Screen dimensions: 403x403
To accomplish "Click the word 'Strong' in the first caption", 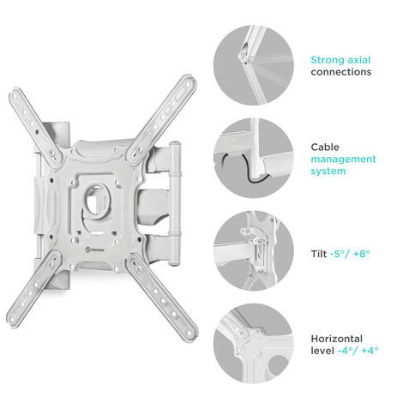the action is click(328, 60).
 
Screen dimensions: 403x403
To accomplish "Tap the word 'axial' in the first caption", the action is click(359, 60).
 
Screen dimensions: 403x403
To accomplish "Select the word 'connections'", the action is click(341, 72).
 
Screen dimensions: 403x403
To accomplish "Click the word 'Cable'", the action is click(325, 147).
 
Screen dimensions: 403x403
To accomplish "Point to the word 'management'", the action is click(343, 159).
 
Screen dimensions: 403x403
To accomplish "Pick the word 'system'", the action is click(328, 171).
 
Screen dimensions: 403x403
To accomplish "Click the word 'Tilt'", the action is click(319, 254).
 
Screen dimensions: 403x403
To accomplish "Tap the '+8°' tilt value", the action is click(362, 254).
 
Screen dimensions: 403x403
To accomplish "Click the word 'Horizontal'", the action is click(337, 339).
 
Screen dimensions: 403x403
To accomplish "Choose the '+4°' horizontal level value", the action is click(370, 351).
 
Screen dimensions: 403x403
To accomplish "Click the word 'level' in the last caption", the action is click(322, 351).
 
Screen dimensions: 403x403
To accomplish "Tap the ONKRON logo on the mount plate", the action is click(95, 250).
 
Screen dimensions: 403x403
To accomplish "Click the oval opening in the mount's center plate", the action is click(95, 201).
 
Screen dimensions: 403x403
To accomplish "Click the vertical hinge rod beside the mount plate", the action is click(174, 203).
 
